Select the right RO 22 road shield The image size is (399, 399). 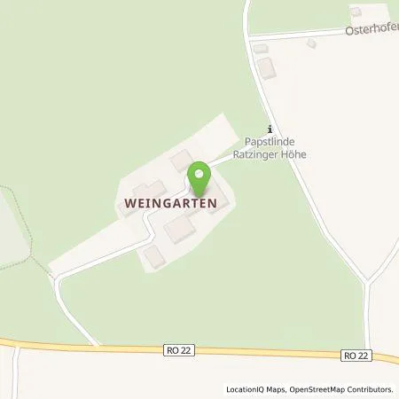click(356, 356)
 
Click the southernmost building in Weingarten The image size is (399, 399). click(154, 255)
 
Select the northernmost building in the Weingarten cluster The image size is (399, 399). click(181, 160)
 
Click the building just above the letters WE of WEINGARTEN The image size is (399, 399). click(145, 188)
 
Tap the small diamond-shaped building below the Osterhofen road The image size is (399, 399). click(310, 43)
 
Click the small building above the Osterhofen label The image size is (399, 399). click(356, 12)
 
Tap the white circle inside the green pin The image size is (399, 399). click(199, 172)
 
